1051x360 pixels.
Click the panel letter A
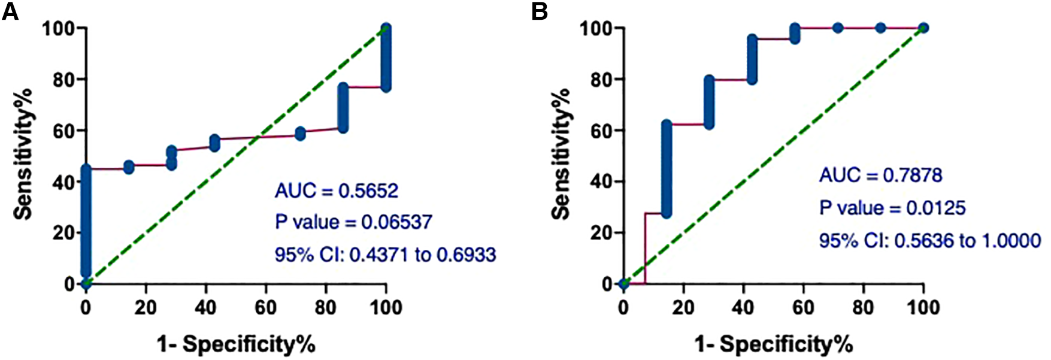10,11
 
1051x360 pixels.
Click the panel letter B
539,11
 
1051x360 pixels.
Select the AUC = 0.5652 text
337,191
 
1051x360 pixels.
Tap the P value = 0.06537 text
353,222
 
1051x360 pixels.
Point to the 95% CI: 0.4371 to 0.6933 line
385,255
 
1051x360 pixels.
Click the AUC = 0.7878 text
880,176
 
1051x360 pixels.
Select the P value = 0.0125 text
892,208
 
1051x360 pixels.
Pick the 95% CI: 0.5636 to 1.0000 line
929,241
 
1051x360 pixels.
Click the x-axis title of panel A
236,344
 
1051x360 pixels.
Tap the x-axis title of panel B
774,344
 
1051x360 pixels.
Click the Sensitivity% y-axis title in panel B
561,155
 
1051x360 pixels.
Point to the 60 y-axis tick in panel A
64,131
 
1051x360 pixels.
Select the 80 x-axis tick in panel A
326,308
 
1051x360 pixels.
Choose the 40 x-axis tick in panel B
743,308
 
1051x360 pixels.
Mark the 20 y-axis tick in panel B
602,233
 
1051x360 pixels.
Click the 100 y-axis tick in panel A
59,28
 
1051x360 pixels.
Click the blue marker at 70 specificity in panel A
301,134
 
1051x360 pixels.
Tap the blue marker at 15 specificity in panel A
129,167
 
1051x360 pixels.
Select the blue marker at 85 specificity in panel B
880,28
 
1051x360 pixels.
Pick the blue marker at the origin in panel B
624,283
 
